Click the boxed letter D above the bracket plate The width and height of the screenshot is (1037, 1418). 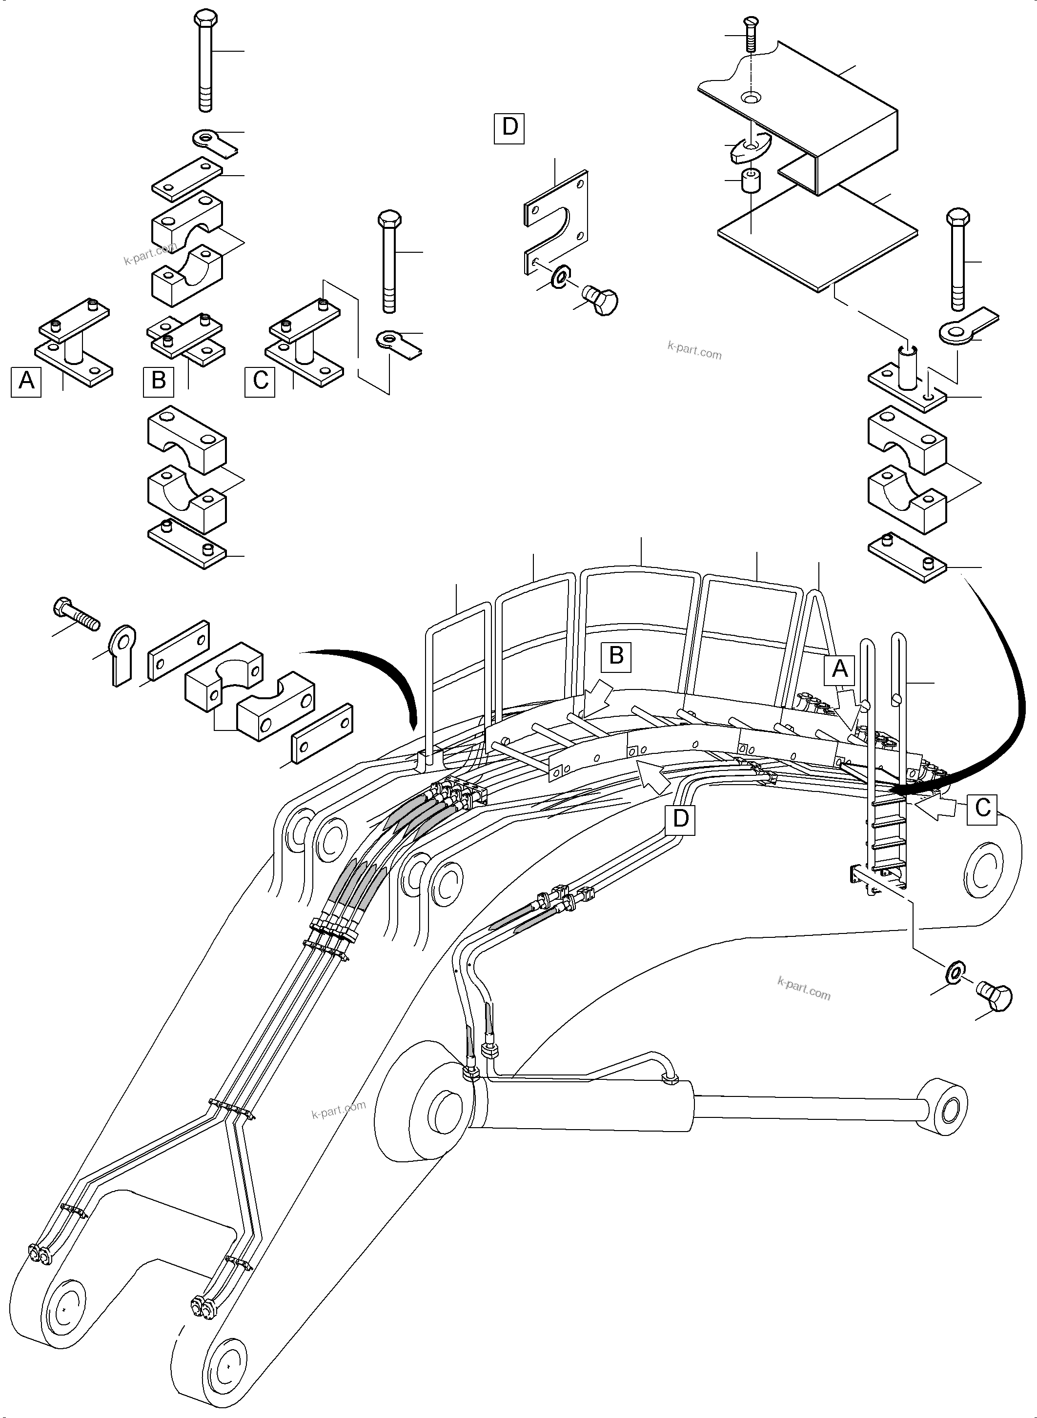coord(509,128)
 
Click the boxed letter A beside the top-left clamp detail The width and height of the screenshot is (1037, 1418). coord(26,381)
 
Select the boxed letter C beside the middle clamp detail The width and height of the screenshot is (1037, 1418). coord(260,381)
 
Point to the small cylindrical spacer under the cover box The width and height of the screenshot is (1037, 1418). coord(750,182)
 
